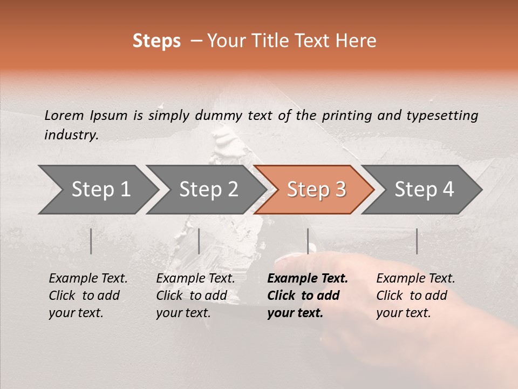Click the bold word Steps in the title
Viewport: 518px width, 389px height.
tap(156, 41)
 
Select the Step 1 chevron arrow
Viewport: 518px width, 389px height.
tap(97, 190)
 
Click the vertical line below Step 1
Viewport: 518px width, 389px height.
tap(91, 241)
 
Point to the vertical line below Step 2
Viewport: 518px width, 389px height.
tap(199, 241)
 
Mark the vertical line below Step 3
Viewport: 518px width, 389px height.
tap(308, 241)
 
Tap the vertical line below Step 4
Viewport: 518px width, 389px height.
tap(417, 241)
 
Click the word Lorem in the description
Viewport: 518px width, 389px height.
tap(64, 115)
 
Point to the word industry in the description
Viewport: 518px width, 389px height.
tap(71, 135)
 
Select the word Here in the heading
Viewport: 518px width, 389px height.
tap(357, 41)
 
